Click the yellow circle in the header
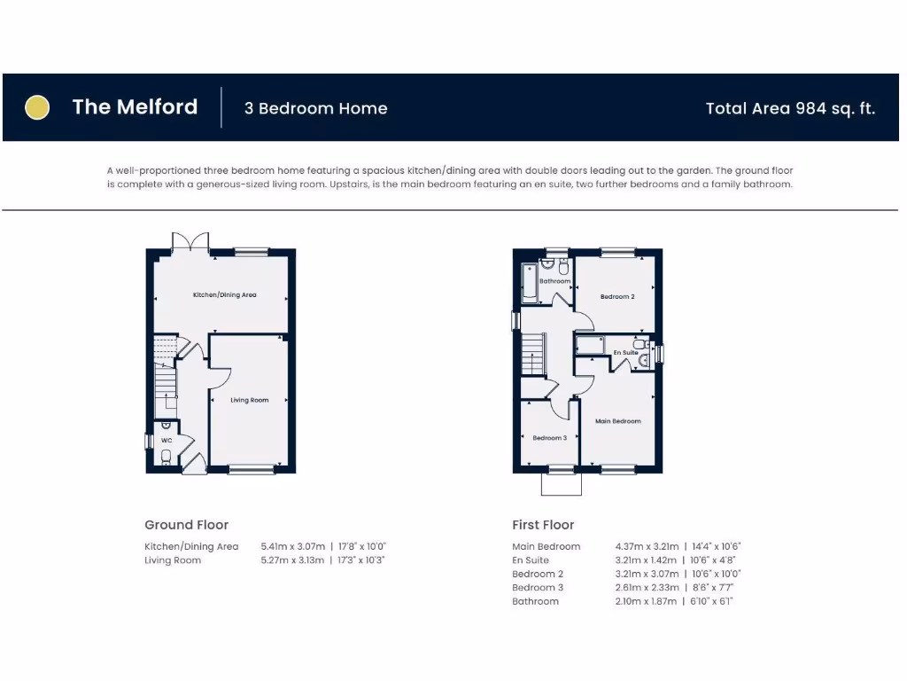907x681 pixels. (36, 107)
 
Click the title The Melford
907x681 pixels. (135, 107)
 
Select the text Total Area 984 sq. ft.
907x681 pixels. (790, 108)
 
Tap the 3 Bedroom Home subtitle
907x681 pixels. (316, 109)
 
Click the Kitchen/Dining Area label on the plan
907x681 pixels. (225, 294)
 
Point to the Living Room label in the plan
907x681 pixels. (249, 400)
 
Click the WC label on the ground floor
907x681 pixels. (166, 439)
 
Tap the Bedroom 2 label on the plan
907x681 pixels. (617, 296)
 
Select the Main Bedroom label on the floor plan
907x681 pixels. (617, 421)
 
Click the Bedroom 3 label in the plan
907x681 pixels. (549, 438)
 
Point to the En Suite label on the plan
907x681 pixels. (625, 352)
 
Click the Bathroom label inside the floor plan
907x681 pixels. (555, 281)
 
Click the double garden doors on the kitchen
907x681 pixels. (190, 241)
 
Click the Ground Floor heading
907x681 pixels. (186, 525)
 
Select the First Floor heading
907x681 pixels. (543, 525)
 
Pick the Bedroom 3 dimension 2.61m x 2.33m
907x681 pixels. (647, 587)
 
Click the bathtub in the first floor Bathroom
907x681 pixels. (529, 282)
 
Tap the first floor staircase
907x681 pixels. (531, 355)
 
